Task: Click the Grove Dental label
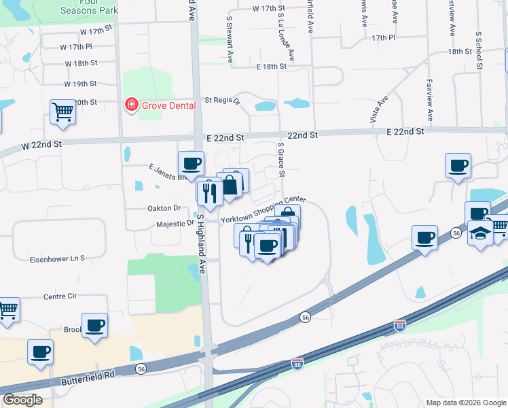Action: pos(168,105)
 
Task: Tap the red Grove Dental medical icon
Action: pos(130,105)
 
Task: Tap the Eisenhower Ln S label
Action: pos(57,258)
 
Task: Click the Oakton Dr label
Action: pos(164,209)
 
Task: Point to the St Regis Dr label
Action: pos(223,100)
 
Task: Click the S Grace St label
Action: pos(280,160)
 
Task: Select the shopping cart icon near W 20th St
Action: pos(62,112)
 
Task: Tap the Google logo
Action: pos(22,400)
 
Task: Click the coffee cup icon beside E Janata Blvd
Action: pos(191,163)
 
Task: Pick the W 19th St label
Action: pos(81,84)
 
